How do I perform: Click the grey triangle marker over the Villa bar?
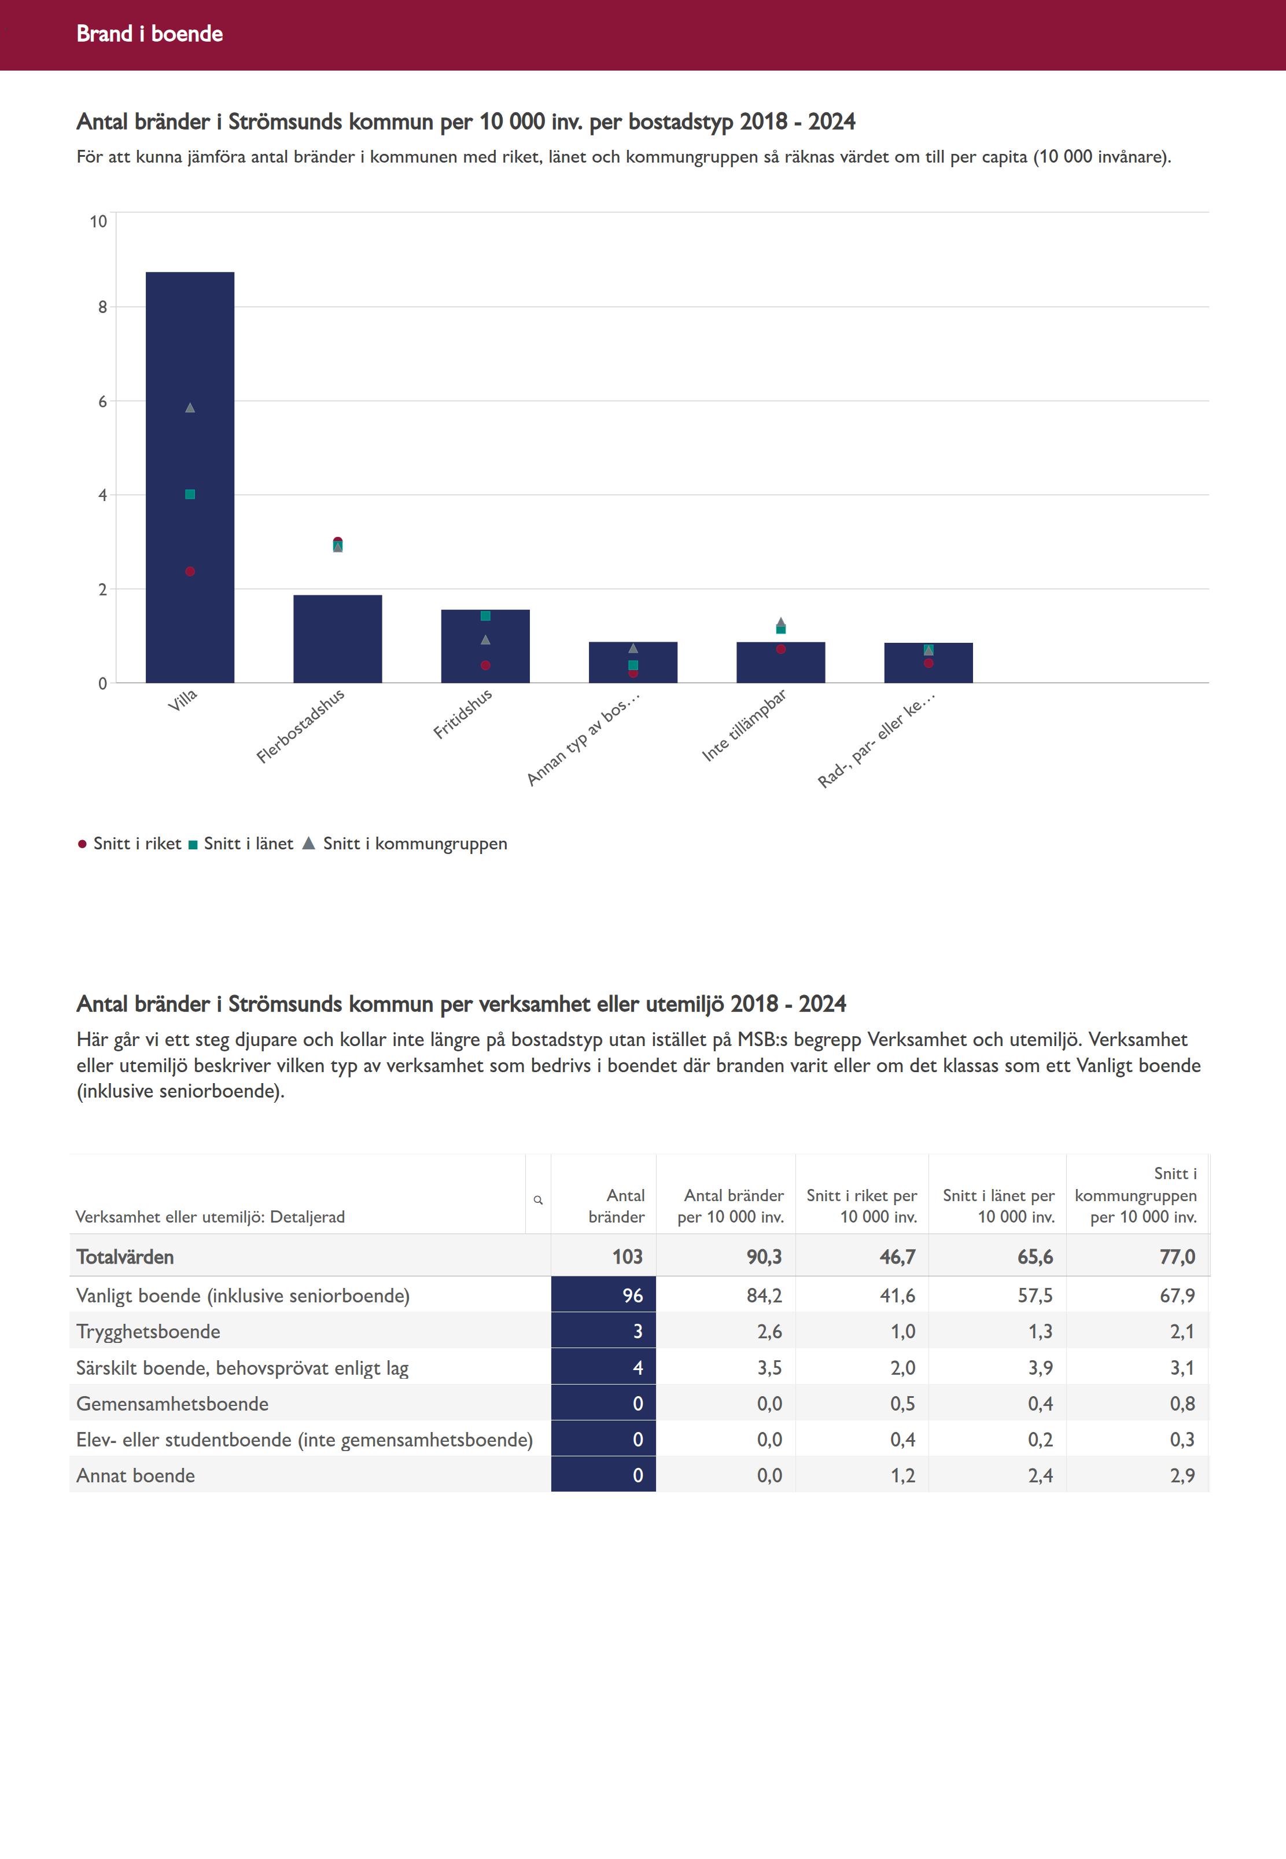(x=190, y=408)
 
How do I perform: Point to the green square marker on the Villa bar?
(x=190, y=495)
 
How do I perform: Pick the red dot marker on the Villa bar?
(x=190, y=571)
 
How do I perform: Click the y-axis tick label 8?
(x=102, y=307)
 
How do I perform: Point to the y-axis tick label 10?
(x=98, y=222)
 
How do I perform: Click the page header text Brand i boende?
(x=150, y=34)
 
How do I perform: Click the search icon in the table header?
(x=538, y=1200)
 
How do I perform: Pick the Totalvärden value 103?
(x=627, y=1257)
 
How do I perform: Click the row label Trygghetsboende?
(x=148, y=1331)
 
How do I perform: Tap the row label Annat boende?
(x=135, y=1475)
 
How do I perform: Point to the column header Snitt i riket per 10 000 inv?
(x=861, y=1206)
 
